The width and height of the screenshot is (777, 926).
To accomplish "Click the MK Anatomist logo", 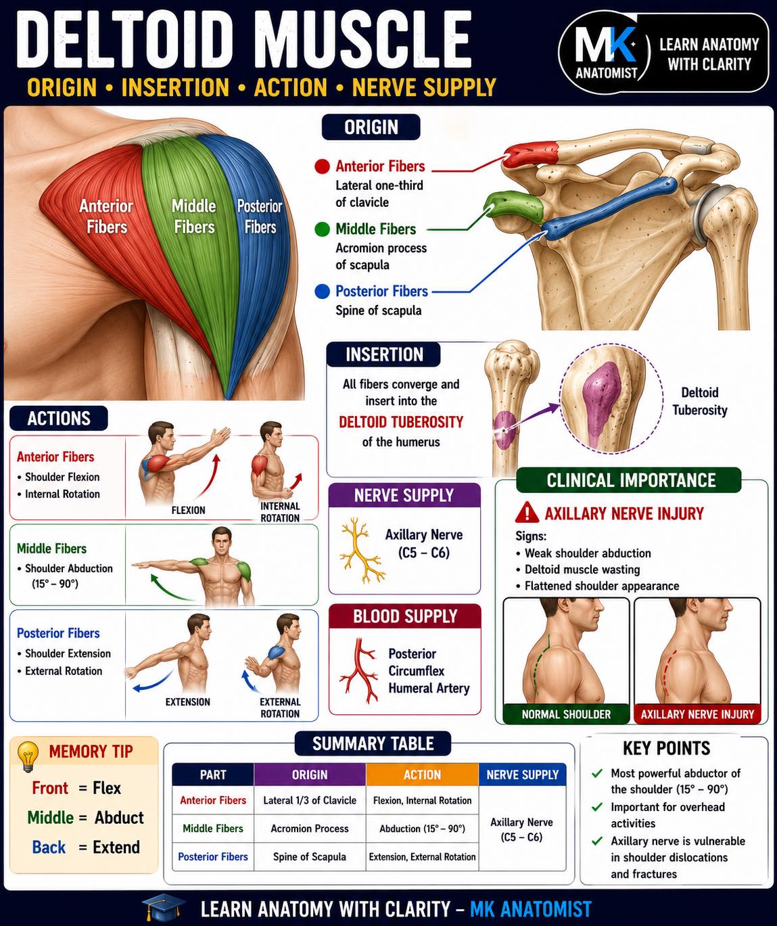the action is [605, 53].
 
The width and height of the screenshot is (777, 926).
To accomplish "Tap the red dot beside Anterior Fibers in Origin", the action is [322, 166].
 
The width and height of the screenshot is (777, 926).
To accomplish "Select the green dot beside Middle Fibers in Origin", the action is [322, 229].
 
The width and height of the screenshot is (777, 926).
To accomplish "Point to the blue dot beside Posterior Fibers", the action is [322, 292].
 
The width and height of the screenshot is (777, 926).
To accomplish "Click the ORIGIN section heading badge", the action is [371, 127].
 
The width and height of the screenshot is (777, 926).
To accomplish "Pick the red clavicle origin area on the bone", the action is [530, 155].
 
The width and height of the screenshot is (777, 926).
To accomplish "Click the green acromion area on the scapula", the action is [515, 206].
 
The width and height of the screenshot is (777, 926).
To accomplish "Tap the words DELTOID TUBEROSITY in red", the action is [401, 422].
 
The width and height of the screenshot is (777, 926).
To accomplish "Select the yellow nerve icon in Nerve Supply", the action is [360, 549].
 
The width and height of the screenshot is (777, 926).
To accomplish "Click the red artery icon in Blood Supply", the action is [359, 670].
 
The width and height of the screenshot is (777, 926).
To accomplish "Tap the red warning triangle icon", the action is [527, 513].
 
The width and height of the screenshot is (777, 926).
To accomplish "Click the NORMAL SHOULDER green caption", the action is [566, 714].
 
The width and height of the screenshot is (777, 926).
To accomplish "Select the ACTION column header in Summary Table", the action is [422, 774].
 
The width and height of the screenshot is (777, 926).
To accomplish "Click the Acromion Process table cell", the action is [310, 829].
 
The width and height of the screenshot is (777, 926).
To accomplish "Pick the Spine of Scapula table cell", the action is [310, 856].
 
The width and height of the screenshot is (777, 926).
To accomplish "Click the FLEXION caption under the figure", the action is [189, 510].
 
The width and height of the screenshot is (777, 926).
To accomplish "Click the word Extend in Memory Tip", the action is [116, 847].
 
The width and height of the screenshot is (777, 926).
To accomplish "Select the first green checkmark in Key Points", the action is [597, 773].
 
